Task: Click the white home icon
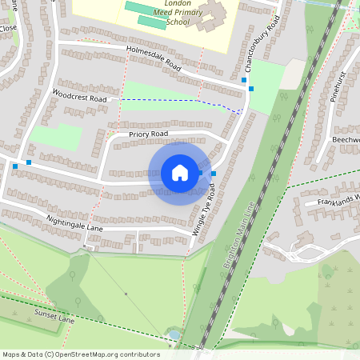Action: [x=180, y=173]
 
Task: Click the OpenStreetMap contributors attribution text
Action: [x=80, y=354]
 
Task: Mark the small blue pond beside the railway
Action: [x=174, y=334]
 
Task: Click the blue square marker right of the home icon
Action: [x=213, y=173]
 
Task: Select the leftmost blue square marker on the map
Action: [x=14, y=166]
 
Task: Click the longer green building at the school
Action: [x=147, y=10]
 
